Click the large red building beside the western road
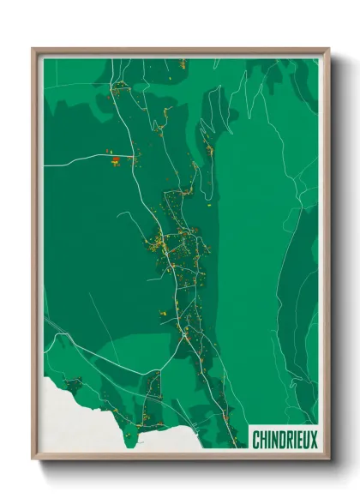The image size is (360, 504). coord(115,159)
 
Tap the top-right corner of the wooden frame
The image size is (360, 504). coord(327,50)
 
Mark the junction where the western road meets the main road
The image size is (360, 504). coord(135,157)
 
